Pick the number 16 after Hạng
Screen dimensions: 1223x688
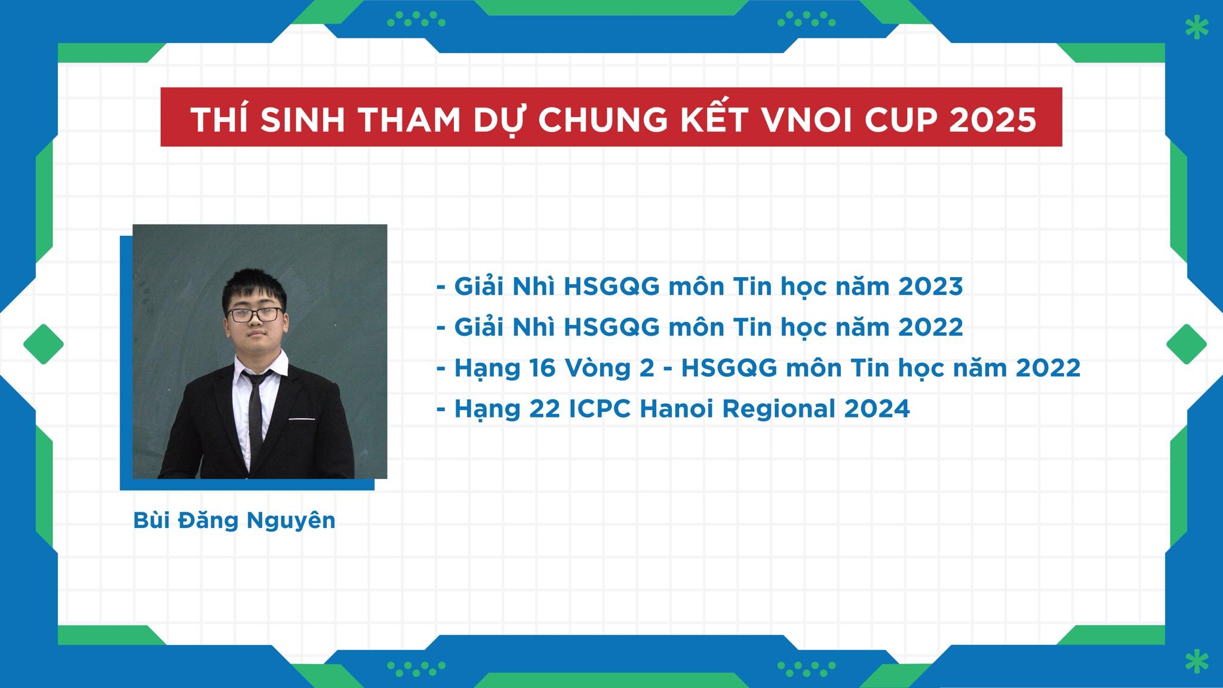[x=542, y=368]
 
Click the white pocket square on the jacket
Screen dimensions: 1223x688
[x=302, y=419]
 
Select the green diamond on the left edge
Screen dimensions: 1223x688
[x=44, y=344]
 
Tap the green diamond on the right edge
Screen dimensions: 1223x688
[x=1187, y=344]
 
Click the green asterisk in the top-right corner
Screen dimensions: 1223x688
[x=1197, y=27]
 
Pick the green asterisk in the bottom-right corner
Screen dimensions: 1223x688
[x=1197, y=661]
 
